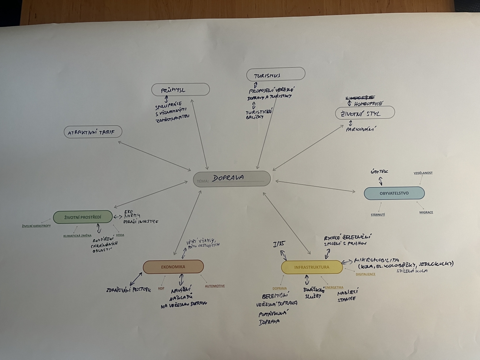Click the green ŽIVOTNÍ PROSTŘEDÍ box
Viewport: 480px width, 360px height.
(82, 217)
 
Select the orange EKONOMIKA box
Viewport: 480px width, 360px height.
(173, 267)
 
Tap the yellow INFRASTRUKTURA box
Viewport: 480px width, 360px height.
(312, 267)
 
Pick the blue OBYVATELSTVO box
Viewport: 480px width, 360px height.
(394, 193)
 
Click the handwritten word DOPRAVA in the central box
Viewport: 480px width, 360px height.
(228, 177)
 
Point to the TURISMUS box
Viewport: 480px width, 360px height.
(276, 74)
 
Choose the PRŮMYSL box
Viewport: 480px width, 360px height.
(180, 90)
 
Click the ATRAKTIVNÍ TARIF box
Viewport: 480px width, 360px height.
(93, 132)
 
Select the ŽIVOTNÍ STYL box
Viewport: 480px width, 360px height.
(364, 113)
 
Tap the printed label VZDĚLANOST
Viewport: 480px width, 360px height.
(423, 173)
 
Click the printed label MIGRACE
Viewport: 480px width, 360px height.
(426, 212)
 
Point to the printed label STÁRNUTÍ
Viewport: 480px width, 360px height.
(378, 215)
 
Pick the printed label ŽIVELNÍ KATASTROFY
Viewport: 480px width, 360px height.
(36, 226)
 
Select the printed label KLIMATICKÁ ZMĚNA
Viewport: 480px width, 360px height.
(77, 236)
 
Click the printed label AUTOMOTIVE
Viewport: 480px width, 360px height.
(214, 286)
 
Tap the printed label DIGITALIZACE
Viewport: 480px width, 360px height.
(365, 274)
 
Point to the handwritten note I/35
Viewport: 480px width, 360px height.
(279, 244)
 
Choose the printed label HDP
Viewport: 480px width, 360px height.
(161, 288)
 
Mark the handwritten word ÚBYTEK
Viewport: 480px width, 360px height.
(379, 172)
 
